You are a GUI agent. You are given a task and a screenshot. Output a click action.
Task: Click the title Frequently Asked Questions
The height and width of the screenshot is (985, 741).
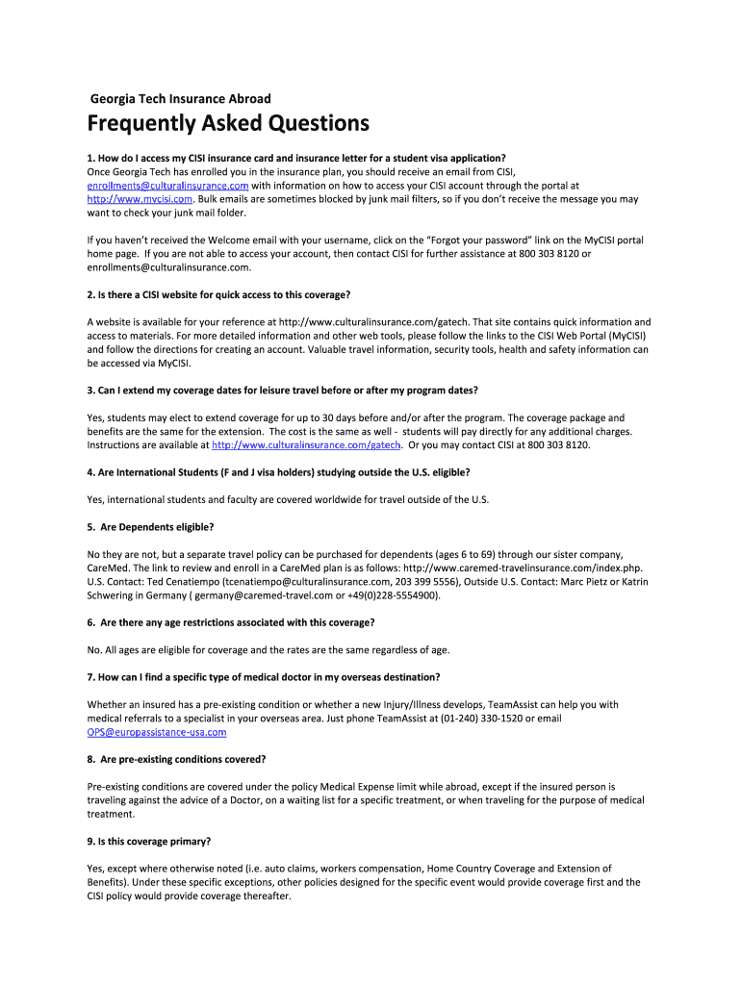pyautogui.click(x=228, y=124)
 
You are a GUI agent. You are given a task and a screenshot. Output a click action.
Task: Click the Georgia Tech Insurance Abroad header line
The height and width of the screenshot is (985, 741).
pyautogui.click(x=180, y=98)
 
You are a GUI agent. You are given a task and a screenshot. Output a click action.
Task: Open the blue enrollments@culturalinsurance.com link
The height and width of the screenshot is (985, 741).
pyautogui.click(x=167, y=186)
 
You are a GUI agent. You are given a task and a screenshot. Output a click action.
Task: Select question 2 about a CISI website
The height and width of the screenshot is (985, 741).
pyautogui.click(x=232, y=294)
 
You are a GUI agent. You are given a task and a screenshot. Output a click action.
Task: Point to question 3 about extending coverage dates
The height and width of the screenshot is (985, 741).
pyautogui.click(x=282, y=391)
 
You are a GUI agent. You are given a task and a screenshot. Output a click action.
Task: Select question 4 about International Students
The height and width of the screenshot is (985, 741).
pyautogui.click(x=278, y=472)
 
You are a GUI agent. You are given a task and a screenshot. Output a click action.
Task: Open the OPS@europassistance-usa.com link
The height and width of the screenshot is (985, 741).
pyautogui.click(x=157, y=732)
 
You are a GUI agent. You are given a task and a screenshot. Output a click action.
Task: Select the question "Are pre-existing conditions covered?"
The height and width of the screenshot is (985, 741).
pyautogui.click(x=176, y=759)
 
